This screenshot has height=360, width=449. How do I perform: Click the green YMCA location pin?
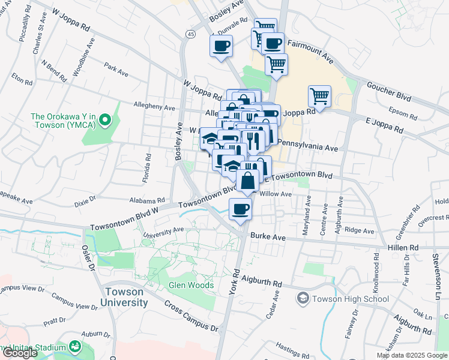(x=105, y=121)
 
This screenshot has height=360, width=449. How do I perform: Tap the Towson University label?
(x=124, y=297)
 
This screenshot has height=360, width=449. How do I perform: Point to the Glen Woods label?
(x=191, y=285)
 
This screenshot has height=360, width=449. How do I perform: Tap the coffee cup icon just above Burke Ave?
(x=240, y=209)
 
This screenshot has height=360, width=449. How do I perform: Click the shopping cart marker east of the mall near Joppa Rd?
(x=319, y=95)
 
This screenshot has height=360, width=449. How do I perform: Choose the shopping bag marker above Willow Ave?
(x=247, y=179)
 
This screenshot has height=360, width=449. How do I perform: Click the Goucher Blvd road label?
(x=406, y=86)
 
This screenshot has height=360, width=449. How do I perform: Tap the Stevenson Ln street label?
(x=436, y=277)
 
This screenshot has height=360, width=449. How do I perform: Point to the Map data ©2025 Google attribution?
(x=411, y=355)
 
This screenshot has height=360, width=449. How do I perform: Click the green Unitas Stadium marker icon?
(x=75, y=347)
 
